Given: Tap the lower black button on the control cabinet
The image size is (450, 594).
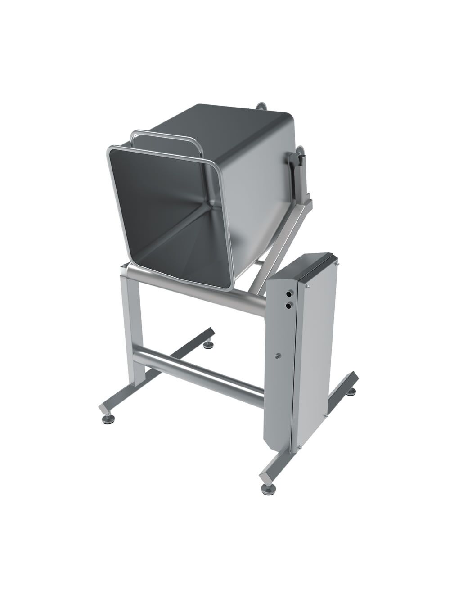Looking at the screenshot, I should [x=288, y=305].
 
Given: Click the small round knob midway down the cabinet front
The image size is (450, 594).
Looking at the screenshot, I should [x=278, y=356].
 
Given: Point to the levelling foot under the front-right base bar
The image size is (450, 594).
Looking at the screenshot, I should [x=263, y=487].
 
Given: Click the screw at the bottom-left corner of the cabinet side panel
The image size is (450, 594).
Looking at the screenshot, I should [x=297, y=446].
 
